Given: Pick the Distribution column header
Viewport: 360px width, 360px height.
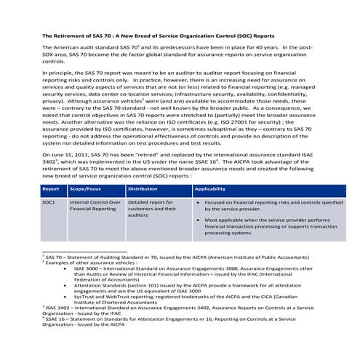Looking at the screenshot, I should click(143, 188).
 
